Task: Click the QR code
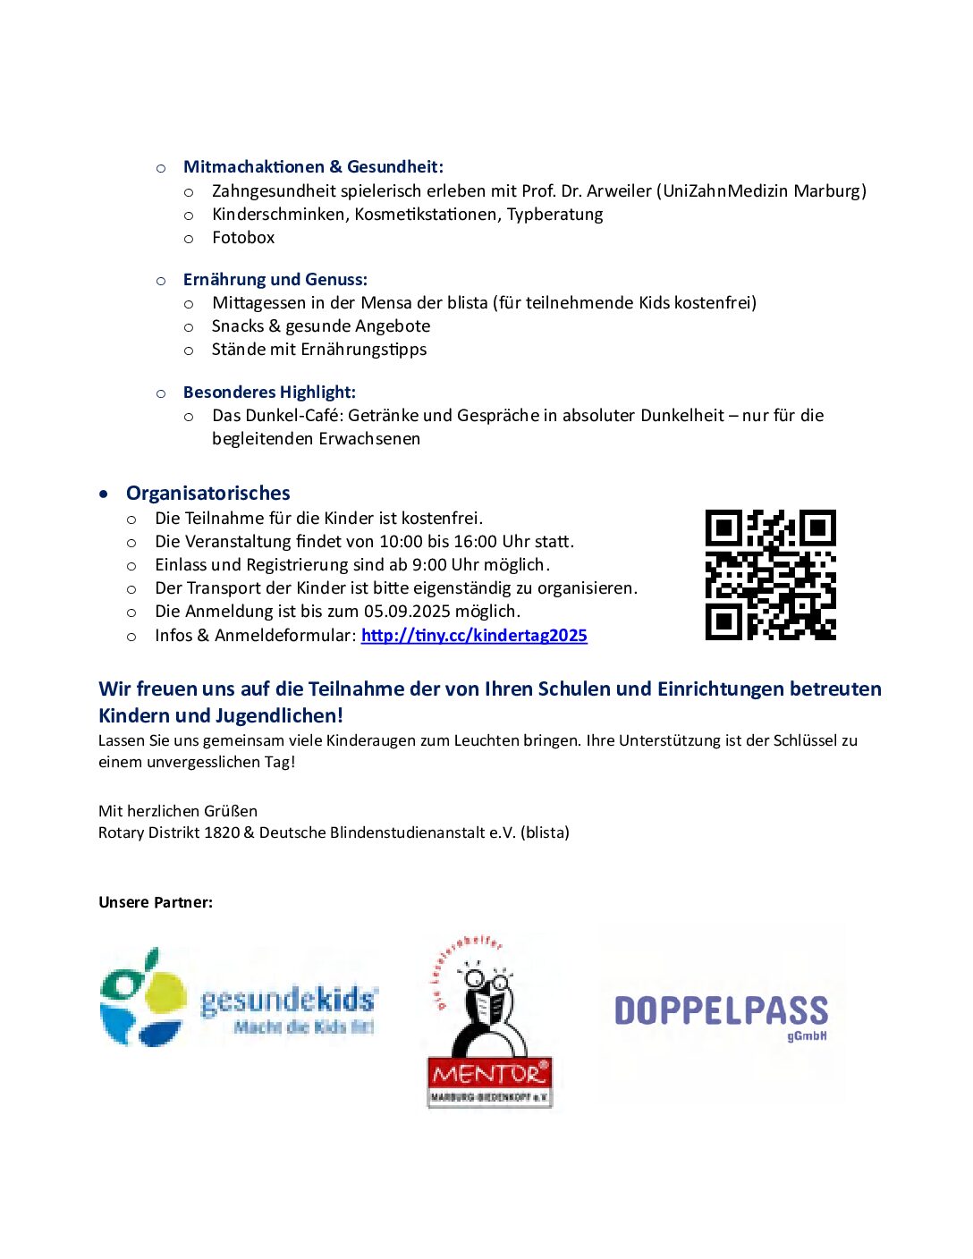click(770, 575)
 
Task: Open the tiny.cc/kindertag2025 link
click(474, 636)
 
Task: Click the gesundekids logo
click(239, 998)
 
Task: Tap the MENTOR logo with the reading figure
click(489, 1021)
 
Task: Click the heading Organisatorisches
click(207, 494)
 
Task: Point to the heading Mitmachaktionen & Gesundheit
click(313, 167)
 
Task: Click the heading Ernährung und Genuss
click(275, 280)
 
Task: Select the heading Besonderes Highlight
click(269, 393)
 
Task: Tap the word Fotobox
click(243, 238)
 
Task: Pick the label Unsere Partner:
click(156, 902)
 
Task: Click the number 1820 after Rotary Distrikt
click(222, 833)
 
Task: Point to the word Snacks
click(238, 326)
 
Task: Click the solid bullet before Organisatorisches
click(105, 494)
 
